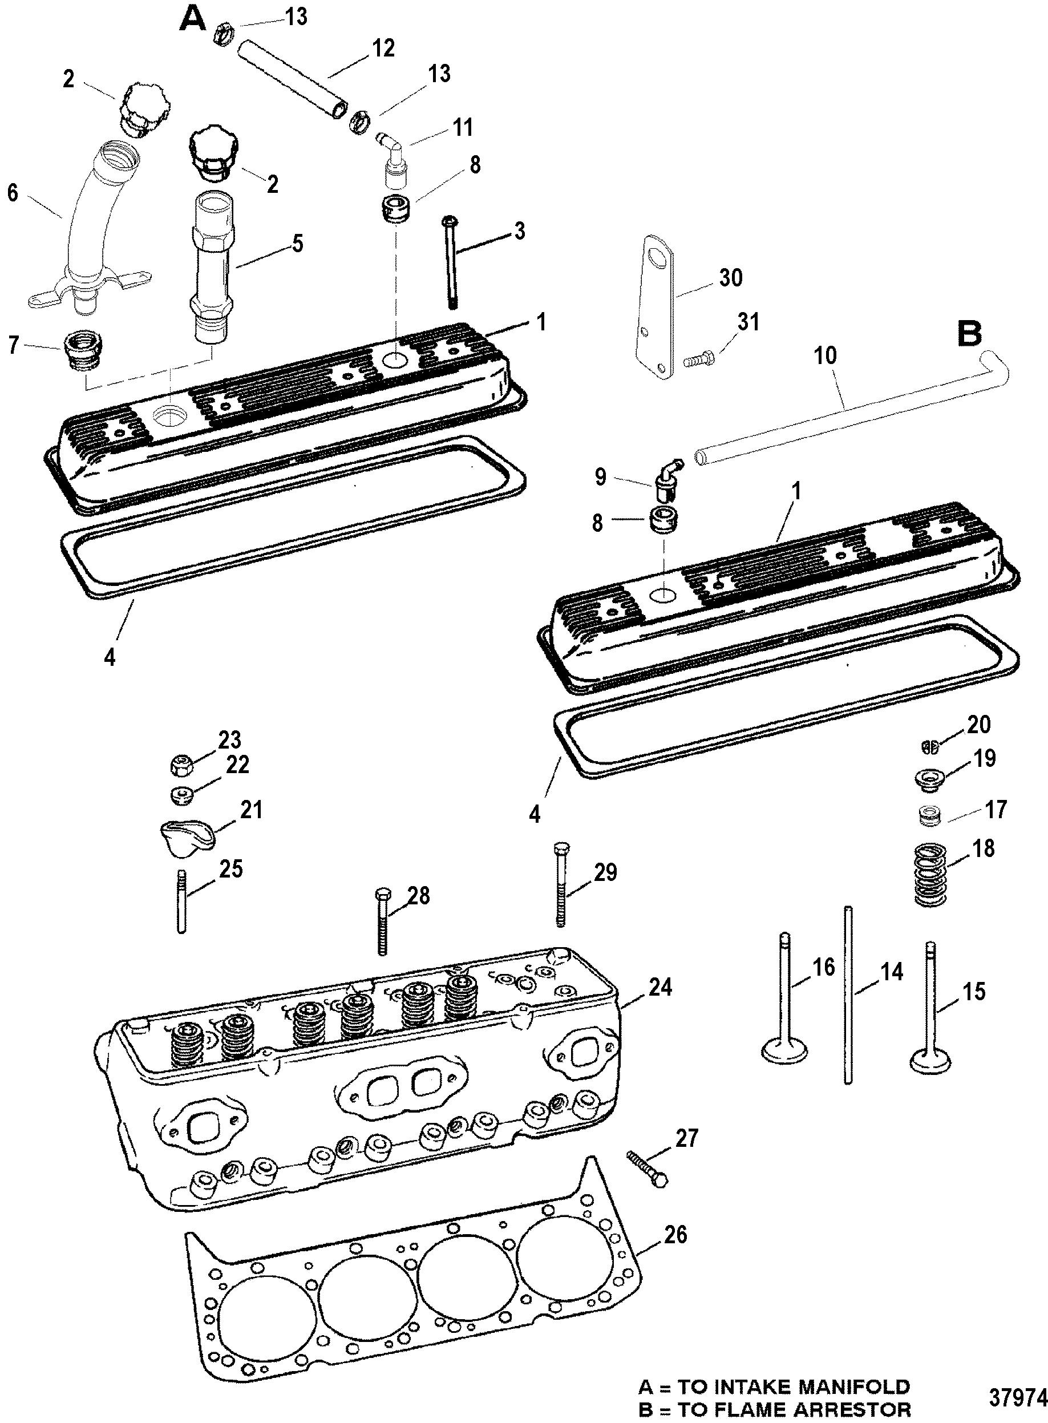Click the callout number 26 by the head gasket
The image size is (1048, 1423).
pyautogui.click(x=674, y=1235)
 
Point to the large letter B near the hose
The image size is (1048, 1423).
pyautogui.click(x=969, y=334)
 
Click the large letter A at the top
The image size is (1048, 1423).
pyautogui.click(x=192, y=19)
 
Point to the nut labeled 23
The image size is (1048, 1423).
pyautogui.click(x=182, y=766)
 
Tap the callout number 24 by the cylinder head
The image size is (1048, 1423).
pyautogui.click(x=659, y=987)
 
